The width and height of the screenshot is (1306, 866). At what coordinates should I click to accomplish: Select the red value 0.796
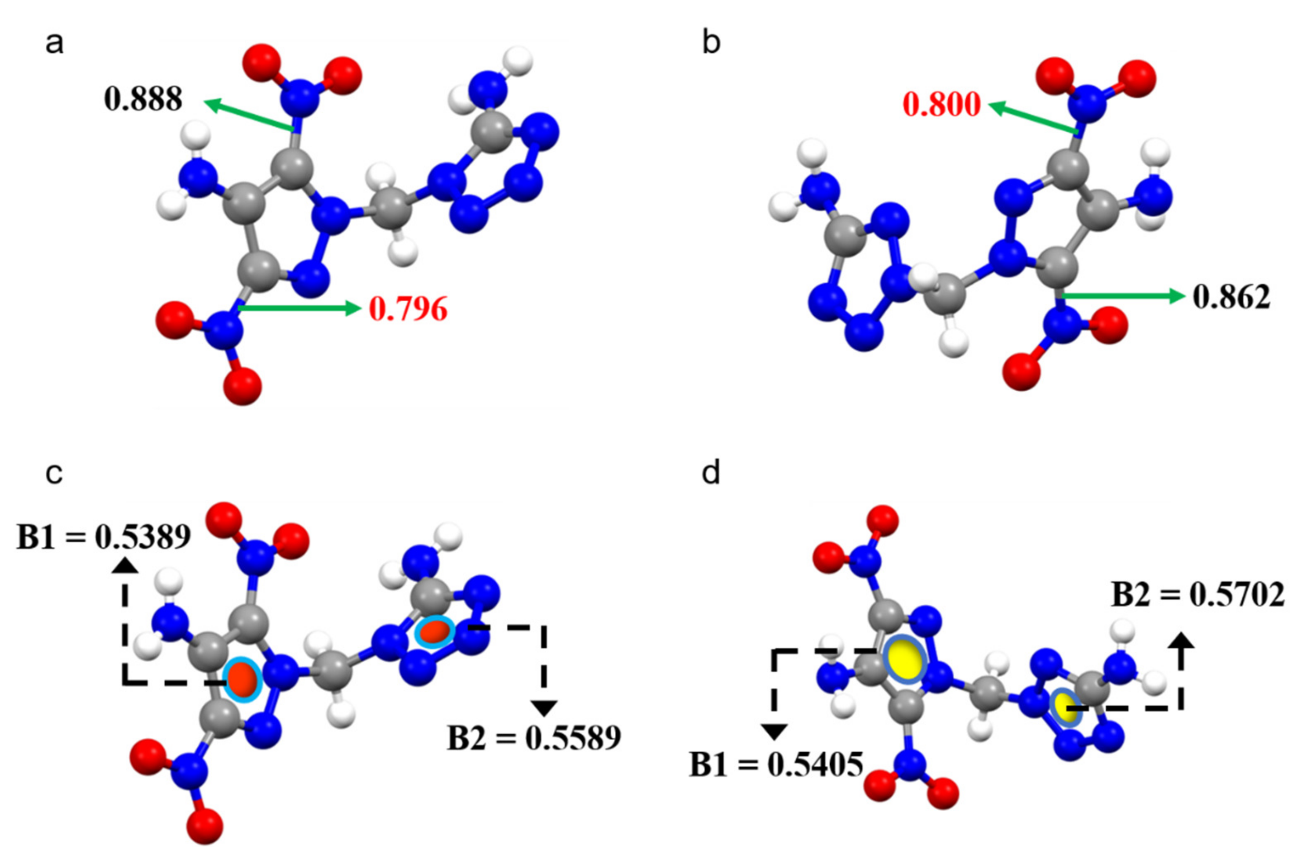coord(408,309)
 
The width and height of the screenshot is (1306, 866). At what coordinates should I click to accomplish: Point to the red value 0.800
coord(942,105)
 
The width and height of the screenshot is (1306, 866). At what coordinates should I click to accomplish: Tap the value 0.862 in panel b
coord(1231,297)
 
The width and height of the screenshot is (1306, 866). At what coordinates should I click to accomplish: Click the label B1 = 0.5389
coord(104,537)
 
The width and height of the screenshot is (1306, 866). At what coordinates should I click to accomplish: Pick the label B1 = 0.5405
coord(776,765)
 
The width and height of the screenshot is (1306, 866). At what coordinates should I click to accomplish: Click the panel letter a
coord(54,43)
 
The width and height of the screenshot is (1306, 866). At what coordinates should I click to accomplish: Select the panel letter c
coord(54,473)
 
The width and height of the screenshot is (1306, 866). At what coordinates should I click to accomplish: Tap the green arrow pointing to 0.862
coord(1122,296)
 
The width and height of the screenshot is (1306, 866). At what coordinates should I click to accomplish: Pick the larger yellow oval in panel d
coord(906,658)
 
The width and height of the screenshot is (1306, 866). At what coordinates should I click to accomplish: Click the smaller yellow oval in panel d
coord(1066,707)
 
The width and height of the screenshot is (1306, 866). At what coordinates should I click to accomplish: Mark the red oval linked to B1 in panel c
coord(242,678)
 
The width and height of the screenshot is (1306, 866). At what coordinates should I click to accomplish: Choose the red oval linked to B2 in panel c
coord(435,631)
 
